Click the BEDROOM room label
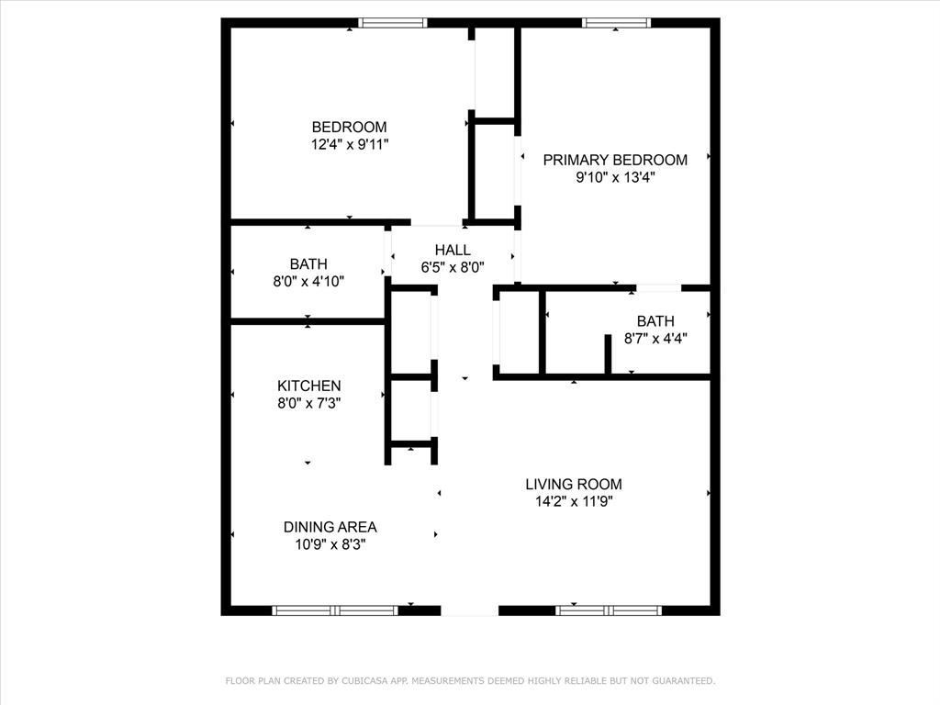(x=349, y=127)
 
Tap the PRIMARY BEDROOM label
(x=615, y=160)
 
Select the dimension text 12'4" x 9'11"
(x=349, y=144)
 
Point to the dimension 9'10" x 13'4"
(x=615, y=177)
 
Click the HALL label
(x=453, y=250)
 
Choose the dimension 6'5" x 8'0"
(x=453, y=267)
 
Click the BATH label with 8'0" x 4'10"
(x=308, y=264)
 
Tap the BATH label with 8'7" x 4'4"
(x=655, y=321)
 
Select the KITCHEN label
(x=309, y=386)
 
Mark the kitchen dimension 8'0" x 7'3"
(x=309, y=403)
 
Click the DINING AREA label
(x=330, y=527)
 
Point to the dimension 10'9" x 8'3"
(x=330, y=543)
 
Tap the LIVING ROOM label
(x=574, y=484)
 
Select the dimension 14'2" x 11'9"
(x=574, y=501)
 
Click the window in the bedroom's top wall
(x=393, y=23)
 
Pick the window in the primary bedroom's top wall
(x=616, y=23)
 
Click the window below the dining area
(x=335, y=610)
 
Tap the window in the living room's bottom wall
(x=609, y=610)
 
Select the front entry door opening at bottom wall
(x=470, y=610)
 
